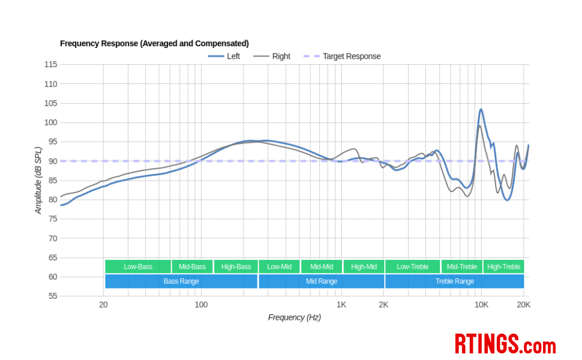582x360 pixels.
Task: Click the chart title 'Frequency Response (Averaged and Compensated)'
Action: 154,44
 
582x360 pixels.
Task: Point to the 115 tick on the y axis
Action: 50,65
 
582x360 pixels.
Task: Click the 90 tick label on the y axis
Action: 52,161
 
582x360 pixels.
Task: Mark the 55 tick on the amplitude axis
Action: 52,296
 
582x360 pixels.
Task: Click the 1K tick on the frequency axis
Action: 341,305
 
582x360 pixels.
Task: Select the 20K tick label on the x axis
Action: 523,305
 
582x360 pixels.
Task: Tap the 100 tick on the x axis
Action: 201,305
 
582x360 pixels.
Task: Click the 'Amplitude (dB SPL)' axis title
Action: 38,181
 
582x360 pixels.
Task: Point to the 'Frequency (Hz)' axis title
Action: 294,317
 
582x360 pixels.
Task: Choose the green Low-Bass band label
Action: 138,267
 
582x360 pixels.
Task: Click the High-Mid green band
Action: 364,267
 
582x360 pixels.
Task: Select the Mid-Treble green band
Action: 461,267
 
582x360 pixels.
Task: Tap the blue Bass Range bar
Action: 181,281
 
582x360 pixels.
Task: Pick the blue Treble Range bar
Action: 454,281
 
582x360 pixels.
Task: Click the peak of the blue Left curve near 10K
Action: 481,110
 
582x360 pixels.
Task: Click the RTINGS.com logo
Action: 505,344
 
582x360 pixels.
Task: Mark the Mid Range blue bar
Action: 322,281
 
